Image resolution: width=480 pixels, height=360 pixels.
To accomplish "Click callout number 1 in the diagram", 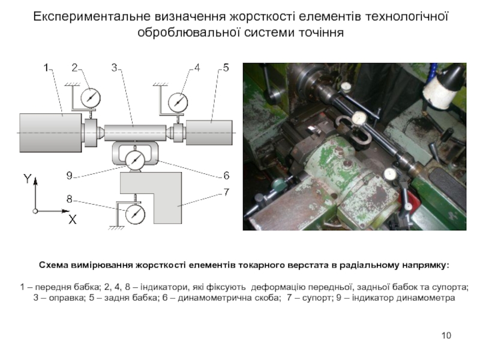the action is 46,68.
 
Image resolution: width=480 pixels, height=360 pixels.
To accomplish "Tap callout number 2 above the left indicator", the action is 75,68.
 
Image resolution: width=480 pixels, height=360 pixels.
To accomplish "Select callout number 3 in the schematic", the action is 114,68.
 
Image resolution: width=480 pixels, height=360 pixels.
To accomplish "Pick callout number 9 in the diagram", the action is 70,176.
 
